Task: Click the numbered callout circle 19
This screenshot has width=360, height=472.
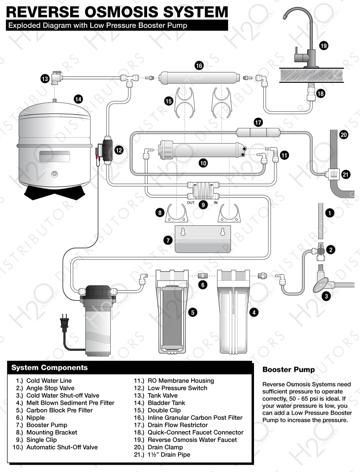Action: pos(324,46)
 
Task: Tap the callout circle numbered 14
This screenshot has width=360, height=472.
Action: pos(78,98)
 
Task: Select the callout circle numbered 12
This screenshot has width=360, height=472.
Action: pos(119,150)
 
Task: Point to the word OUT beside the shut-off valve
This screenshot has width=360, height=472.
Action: pos(191,203)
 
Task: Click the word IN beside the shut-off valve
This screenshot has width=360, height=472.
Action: pos(216,203)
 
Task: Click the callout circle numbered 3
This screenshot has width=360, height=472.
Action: pos(327,296)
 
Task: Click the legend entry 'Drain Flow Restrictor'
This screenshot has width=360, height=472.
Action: pos(178,425)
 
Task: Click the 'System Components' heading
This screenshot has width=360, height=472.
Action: pos(49,368)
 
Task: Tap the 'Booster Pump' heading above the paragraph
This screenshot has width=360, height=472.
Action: pos(288,370)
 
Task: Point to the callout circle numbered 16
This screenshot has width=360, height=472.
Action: pos(199,65)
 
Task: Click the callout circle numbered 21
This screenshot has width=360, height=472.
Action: pos(346,174)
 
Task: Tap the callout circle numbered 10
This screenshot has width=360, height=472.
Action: pos(203,163)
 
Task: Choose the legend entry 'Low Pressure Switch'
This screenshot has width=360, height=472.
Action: pos(177,388)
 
